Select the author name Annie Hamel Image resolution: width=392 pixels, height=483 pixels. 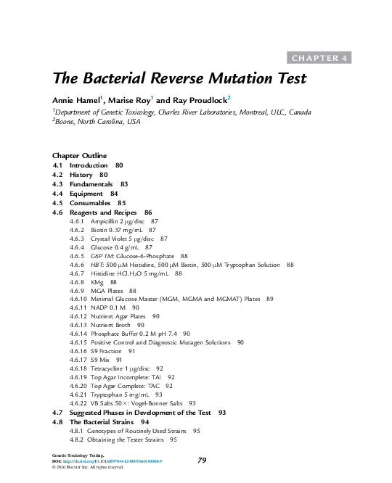[75, 99]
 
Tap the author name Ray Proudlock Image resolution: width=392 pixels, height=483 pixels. [201, 99]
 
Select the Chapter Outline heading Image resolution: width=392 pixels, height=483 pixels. [80, 156]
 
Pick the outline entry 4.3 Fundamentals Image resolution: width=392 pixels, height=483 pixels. [91, 184]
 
